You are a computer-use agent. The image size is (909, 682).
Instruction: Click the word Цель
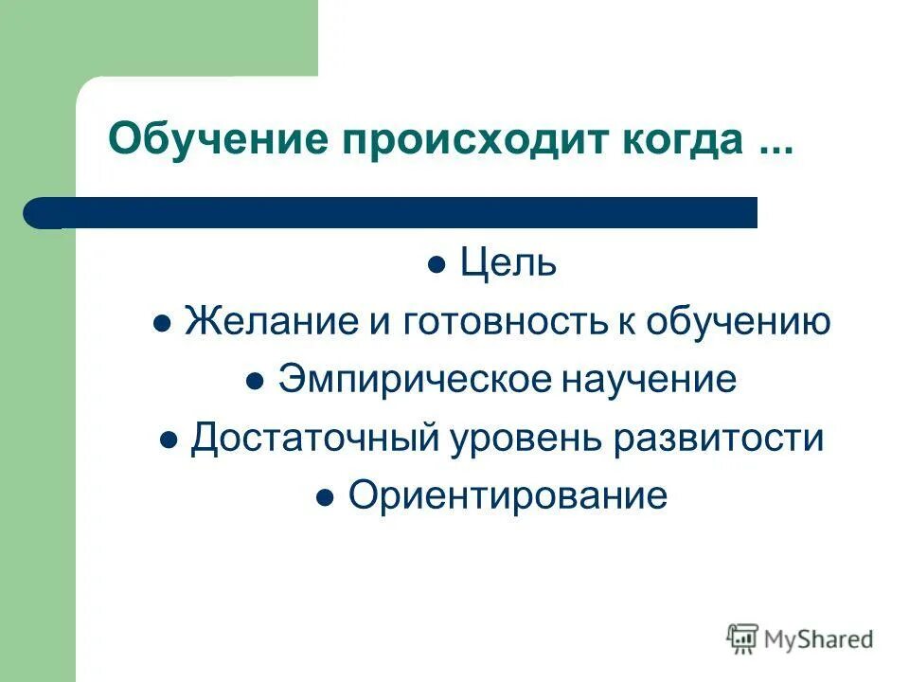click(508, 264)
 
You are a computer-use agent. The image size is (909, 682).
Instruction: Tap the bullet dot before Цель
click(437, 266)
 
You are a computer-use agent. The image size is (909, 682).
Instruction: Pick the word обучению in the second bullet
click(739, 322)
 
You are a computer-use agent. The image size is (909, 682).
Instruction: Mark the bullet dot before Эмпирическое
click(254, 382)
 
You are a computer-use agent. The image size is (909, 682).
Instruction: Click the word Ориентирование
click(508, 495)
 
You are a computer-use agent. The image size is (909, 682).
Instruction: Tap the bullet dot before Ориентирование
click(325, 497)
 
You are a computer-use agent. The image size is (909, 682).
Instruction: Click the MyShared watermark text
click(819, 638)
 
